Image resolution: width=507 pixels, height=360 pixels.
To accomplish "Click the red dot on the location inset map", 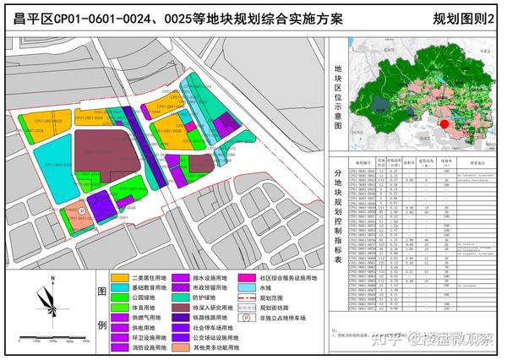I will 444,123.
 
